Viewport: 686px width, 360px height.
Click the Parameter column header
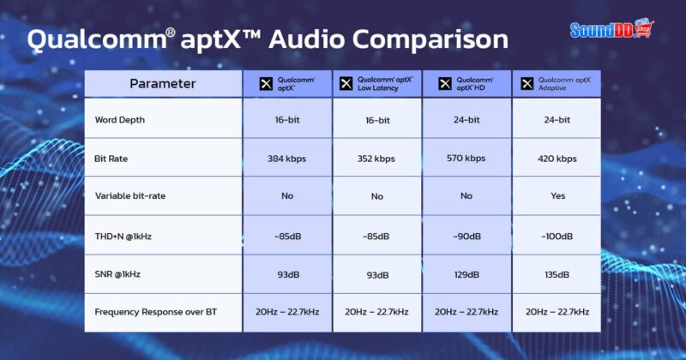pos(163,84)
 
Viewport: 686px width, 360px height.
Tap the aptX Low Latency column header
pos(376,83)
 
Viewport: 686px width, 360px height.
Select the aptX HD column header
pos(466,83)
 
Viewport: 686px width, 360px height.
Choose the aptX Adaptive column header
pos(557,83)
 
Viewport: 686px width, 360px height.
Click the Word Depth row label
pos(120,120)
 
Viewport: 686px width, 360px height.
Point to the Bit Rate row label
pos(112,159)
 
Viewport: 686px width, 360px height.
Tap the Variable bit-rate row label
pos(129,196)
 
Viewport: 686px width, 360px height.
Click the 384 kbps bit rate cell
pos(287,159)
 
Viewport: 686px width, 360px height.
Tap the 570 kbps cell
pos(466,159)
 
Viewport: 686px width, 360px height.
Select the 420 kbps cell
pos(557,159)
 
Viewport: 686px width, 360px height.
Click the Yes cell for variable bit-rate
pos(557,196)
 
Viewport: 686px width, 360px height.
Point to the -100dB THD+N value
pos(557,235)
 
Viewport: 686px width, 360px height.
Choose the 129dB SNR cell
pos(466,273)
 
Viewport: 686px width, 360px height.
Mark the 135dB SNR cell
pos(557,273)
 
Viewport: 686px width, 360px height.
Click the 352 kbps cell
pos(376,159)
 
